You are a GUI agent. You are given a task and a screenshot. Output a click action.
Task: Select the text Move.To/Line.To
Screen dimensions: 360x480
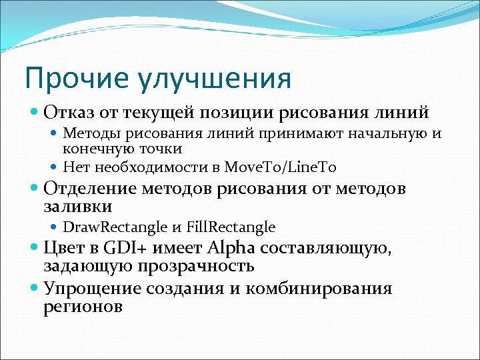point(286,166)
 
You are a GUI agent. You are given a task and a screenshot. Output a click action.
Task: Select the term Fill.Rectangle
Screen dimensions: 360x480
point(231,227)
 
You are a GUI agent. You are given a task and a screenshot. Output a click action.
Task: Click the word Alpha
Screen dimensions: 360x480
point(233,250)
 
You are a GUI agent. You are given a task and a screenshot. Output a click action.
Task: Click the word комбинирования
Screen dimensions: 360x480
point(319,289)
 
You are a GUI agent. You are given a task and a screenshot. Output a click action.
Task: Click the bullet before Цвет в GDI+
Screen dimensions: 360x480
point(36,249)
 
